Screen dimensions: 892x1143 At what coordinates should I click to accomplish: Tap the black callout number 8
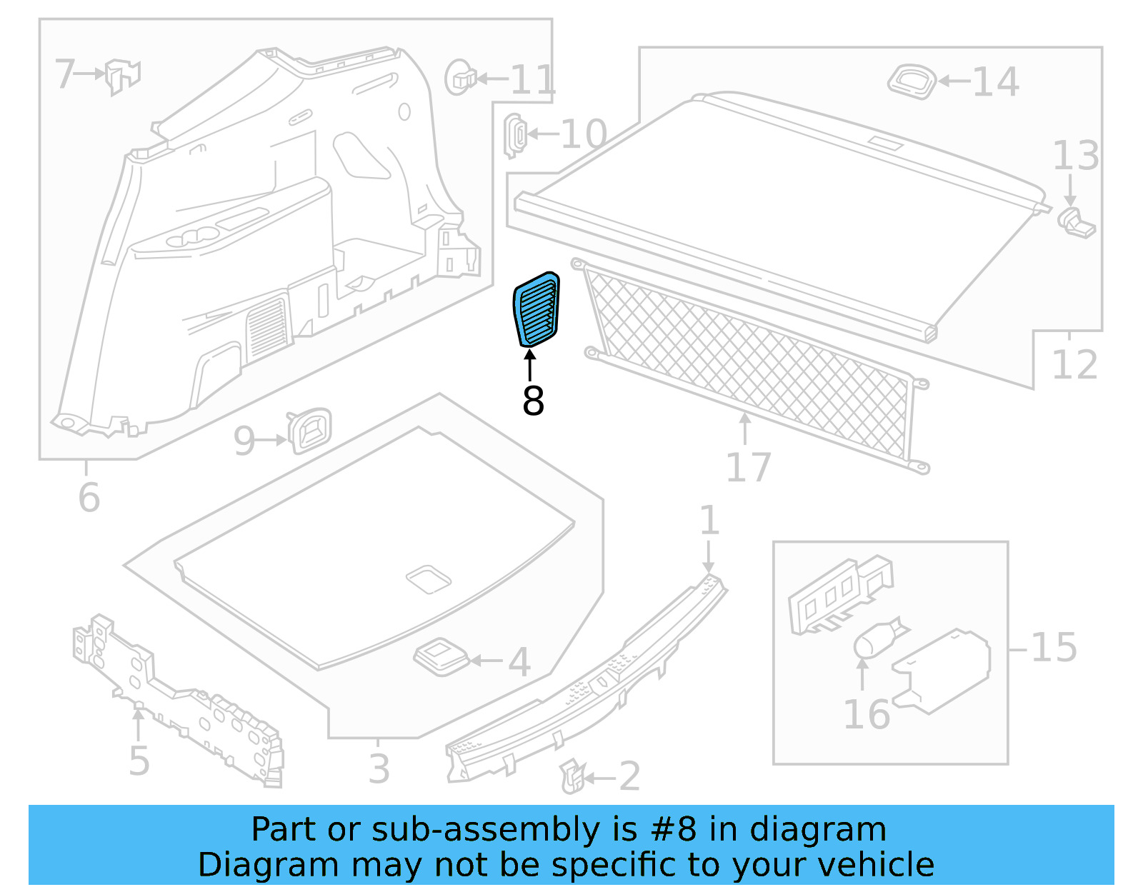coord(533,401)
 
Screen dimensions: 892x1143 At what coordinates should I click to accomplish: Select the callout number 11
coord(532,79)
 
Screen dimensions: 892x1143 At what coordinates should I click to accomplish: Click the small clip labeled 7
coord(122,76)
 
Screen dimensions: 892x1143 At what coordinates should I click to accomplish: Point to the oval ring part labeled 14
coord(912,81)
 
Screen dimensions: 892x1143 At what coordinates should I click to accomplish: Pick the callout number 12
coord(1074,365)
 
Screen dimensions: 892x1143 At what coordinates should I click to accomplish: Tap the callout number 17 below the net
coord(748,468)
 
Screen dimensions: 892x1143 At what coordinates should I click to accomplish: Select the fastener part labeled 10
coord(515,134)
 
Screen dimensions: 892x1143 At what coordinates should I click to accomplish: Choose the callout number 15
coord(1054,648)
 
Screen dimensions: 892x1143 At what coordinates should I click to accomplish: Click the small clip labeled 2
coord(572,776)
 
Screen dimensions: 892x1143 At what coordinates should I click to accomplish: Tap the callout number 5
coord(139,761)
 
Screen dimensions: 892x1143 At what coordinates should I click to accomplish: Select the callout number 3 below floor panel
coord(379,769)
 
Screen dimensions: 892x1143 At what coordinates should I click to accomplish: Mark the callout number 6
coord(89,498)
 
